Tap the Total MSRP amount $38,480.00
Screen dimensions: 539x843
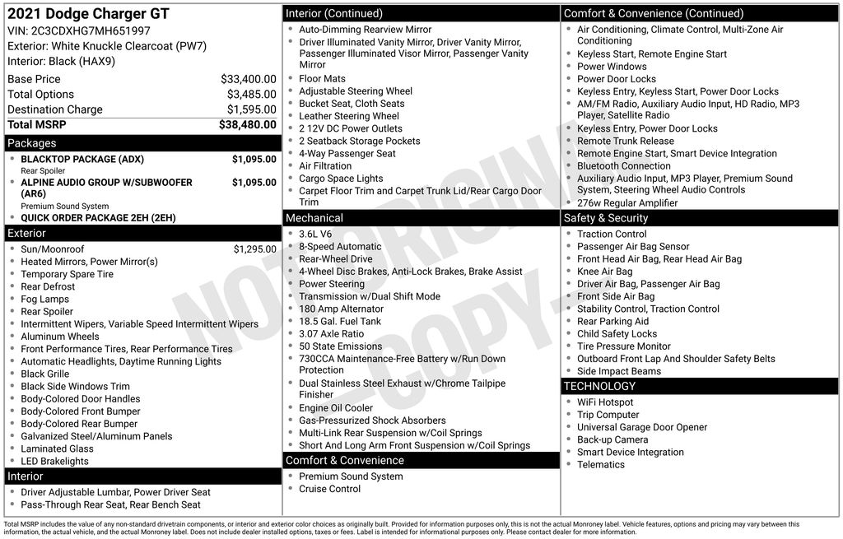click(247, 124)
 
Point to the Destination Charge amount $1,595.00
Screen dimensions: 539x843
click(251, 109)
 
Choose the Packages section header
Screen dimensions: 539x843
click(32, 143)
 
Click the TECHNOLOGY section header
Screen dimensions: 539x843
click(599, 386)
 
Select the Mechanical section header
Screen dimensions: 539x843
click(314, 218)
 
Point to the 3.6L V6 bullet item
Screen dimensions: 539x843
click(315, 234)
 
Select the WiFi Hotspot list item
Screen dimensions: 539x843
click(605, 402)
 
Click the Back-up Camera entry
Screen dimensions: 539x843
click(612, 439)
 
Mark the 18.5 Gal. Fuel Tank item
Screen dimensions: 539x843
click(340, 321)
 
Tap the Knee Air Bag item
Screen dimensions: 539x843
click(605, 272)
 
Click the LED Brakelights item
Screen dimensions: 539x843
click(54, 461)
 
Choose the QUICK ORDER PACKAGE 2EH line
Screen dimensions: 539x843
click(98, 218)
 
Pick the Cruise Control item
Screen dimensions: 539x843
click(329, 489)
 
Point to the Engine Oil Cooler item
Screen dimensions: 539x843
click(336, 408)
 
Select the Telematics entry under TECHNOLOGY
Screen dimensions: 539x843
click(601, 464)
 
